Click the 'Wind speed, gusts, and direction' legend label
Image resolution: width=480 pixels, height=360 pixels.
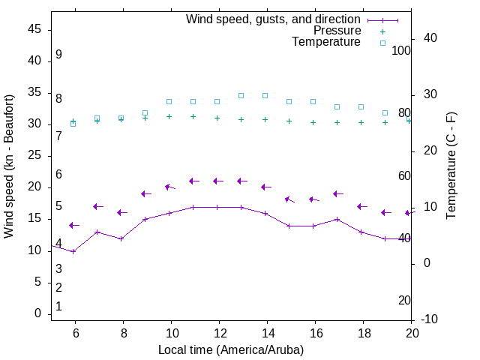click(273, 19)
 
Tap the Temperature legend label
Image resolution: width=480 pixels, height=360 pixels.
click(326, 42)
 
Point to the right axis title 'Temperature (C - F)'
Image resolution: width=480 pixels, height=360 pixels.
click(451, 166)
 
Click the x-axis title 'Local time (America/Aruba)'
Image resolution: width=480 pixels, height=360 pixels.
click(231, 349)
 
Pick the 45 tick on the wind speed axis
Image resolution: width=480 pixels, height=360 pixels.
click(34, 30)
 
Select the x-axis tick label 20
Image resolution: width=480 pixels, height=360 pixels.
click(412, 334)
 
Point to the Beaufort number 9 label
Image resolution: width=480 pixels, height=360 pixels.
click(58, 55)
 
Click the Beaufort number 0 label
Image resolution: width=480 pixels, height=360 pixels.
click(58, 307)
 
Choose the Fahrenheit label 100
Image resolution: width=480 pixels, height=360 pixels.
click(402, 50)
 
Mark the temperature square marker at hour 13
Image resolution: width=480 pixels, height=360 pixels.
click(241, 95)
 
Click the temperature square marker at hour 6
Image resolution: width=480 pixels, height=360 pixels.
click(73, 123)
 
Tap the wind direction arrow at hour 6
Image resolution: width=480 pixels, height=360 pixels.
click(73, 225)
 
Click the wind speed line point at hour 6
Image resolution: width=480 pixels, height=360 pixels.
click(73, 251)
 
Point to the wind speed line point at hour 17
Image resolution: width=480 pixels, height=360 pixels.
click(337, 219)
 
